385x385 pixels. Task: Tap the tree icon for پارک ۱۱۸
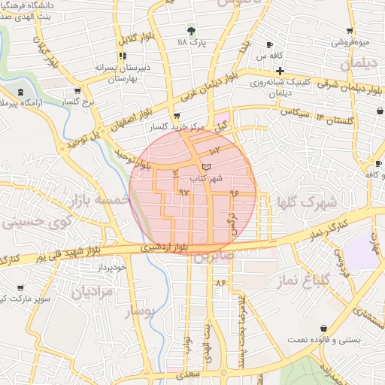pyautogui.click(x=191, y=31)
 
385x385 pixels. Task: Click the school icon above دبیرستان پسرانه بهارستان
pyautogui.click(x=123, y=56)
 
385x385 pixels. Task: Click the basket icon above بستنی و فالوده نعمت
pyautogui.click(x=323, y=329)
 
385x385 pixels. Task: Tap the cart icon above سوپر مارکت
pyautogui.click(x=20, y=288)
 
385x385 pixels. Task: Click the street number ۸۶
pyautogui.click(x=220, y=283)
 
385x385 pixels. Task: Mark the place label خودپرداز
pyautogui.click(x=112, y=267)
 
